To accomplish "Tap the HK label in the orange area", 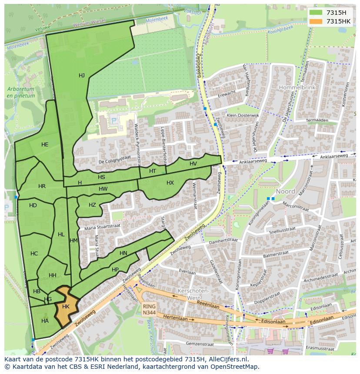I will click(x=66, y=307).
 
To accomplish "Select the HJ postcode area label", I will click(x=82, y=76).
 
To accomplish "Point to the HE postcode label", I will click(x=45, y=145).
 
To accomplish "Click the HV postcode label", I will click(x=193, y=164).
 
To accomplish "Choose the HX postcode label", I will click(x=170, y=183).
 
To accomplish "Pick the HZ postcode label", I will click(x=92, y=205).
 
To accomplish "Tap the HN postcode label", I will click(x=123, y=253).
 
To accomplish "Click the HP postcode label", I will click(x=115, y=270).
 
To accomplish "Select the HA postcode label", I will click(x=45, y=321).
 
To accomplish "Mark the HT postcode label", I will click(x=152, y=171).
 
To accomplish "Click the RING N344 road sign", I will click(x=149, y=309).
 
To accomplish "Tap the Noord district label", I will click(x=285, y=191).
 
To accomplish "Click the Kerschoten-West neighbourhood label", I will click(x=194, y=294).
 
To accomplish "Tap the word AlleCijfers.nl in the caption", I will click(x=227, y=359).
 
